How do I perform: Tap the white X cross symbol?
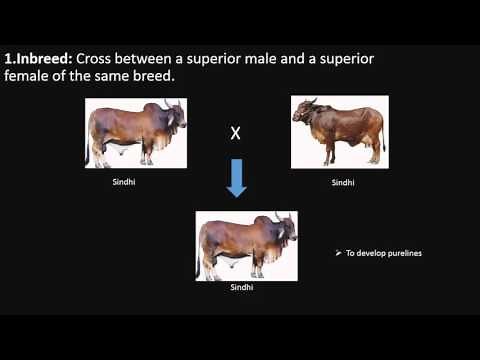click(236, 133)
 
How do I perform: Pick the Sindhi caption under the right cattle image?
click(343, 184)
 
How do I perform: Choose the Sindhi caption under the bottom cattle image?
click(242, 288)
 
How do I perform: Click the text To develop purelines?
click(384, 253)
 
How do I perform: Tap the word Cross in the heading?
click(102, 59)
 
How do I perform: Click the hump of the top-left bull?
click(157, 108)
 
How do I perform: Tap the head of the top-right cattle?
click(303, 115)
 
